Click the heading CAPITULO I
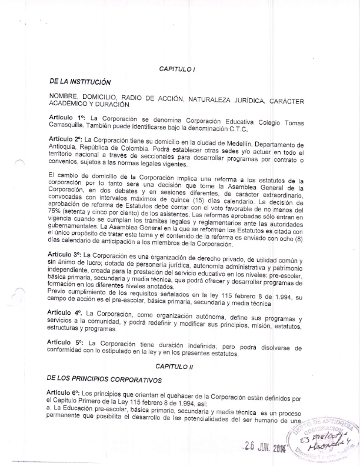click(178, 69)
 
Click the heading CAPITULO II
click(172, 367)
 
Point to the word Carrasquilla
click(71, 125)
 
